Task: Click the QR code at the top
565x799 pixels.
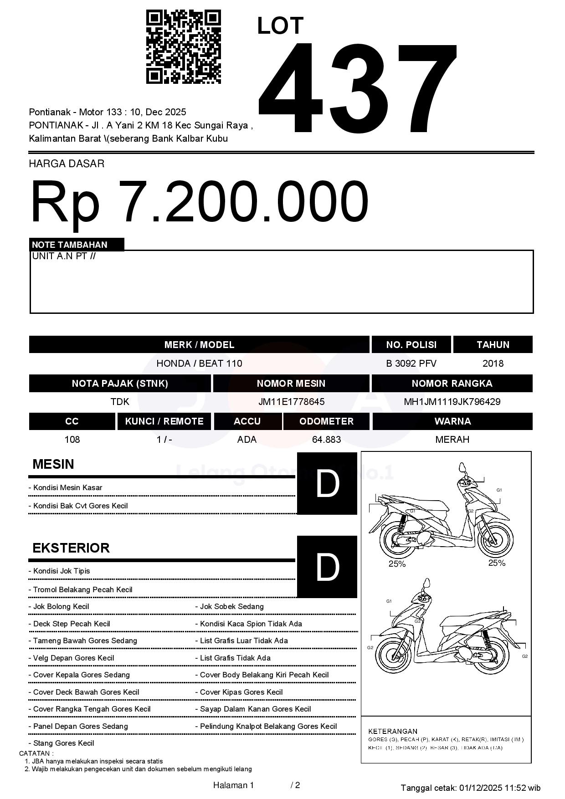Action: [x=183, y=47]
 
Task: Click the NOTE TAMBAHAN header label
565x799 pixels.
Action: [x=70, y=245]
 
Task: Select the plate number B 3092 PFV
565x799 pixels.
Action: [x=411, y=364]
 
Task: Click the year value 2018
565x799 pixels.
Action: [x=493, y=364]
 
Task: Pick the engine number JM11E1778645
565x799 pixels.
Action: [x=291, y=402]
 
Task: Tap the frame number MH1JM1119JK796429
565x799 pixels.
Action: [x=452, y=402]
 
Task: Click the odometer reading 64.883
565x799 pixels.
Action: [x=326, y=440]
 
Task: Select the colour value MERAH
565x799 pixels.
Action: [x=452, y=440]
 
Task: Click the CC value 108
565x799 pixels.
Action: [x=72, y=440]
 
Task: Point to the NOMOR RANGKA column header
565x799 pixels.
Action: [x=452, y=384]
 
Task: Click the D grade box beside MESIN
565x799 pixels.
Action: [x=327, y=484]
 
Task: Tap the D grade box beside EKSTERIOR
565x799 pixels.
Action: [x=327, y=567]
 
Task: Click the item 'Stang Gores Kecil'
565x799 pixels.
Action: [x=63, y=743]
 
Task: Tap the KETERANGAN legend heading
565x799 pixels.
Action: [x=393, y=731]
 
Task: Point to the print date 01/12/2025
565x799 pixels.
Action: [x=481, y=788]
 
